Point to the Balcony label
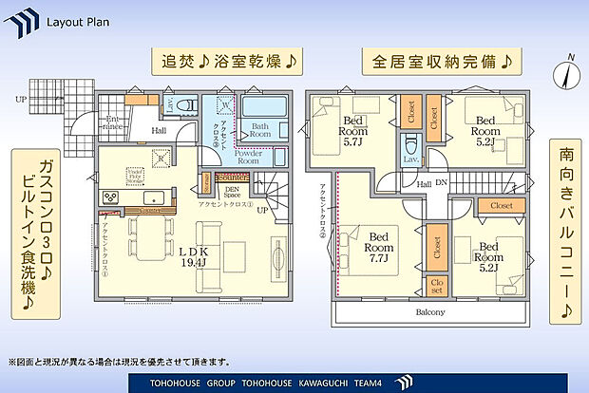click(429, 311)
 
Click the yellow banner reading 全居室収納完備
click(438, 62)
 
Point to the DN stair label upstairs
click(440, 184)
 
